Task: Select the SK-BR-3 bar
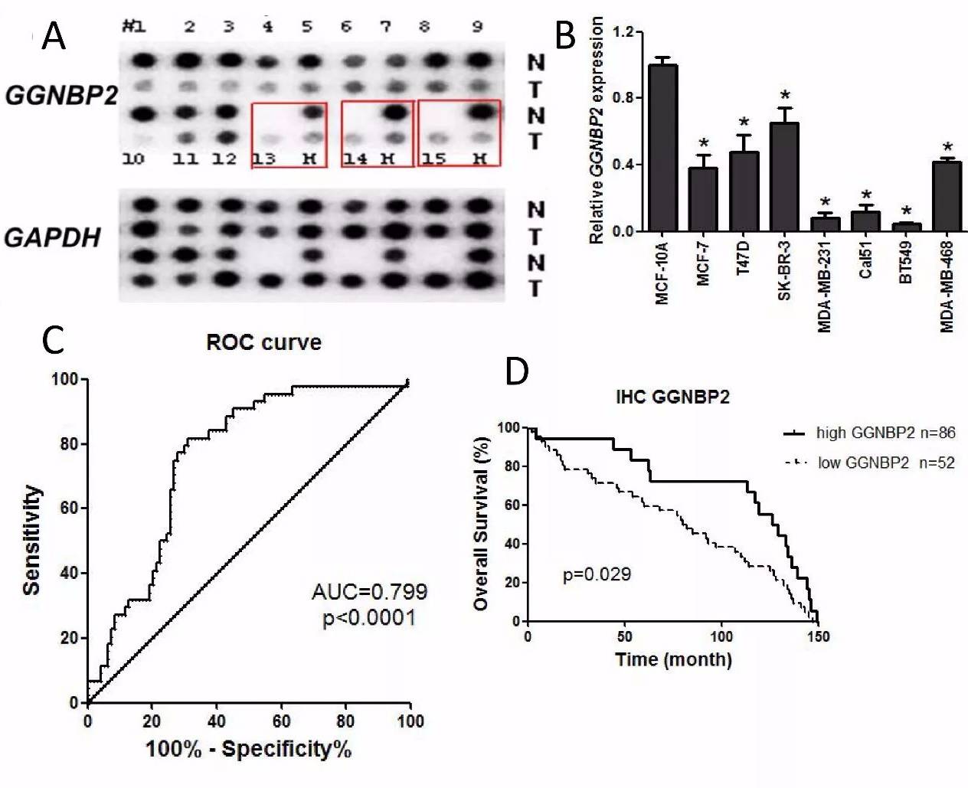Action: coord(784,177)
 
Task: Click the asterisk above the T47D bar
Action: coord(744,123)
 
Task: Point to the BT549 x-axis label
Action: coord(905,262)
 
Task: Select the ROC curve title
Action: coord(263,342)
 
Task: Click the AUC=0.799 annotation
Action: coord(369,591)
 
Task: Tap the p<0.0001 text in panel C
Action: coord(369,617)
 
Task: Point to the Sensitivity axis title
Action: coord(31,540)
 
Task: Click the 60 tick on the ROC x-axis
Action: coord(281,721)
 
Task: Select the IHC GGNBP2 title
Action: coord(673,397)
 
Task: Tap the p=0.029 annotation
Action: coord(597,574)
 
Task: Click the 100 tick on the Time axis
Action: coord(721,637)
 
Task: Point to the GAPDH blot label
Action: coord(53,237)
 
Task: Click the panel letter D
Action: coord(517,371)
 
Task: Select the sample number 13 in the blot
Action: coord(264,159)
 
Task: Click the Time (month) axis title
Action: coord(673,659)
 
